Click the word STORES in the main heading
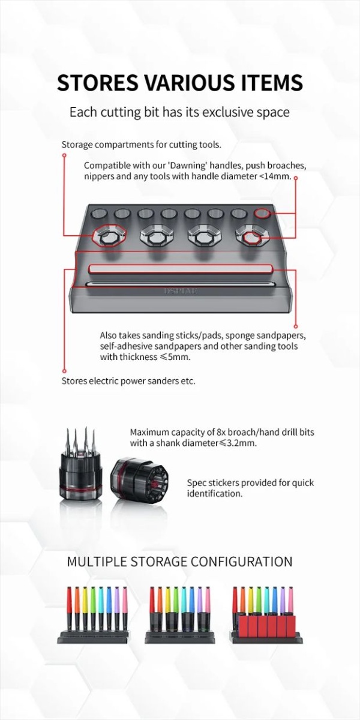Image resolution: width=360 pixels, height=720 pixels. tap(98, 83)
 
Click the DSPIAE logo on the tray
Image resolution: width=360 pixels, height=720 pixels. tap(181, 291)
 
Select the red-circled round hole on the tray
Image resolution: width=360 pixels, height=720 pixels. tap(262, 213)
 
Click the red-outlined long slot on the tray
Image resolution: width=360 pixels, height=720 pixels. tap(181, 269)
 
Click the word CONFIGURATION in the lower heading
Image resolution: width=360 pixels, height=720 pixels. tap(241, 562)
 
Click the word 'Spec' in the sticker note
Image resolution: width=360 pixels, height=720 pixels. tap(196, 483)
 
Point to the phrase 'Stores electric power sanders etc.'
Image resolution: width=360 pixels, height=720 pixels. tap(128, 381)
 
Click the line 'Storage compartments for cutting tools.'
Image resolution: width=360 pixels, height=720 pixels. tap(142, 145)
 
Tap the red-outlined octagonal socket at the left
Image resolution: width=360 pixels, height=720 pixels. tap(109, 236)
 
